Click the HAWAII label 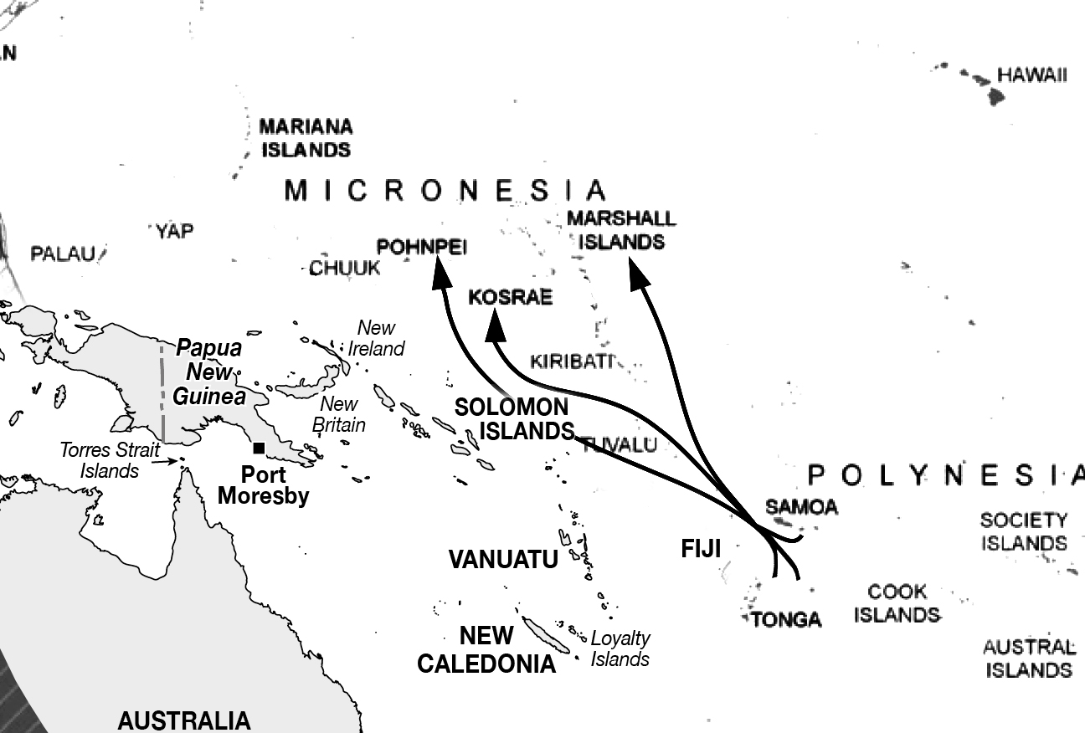(1031, 75)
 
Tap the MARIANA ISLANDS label (306, 139)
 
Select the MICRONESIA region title (445, 191)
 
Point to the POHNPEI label (422, 247)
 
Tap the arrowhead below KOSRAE (497, 325)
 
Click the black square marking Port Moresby (260, 449)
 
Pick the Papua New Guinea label (208, 372)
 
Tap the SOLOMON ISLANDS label (512, 419)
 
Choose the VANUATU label (503, 560)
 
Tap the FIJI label (700, 548)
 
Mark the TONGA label (786, 619)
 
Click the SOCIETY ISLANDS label (1024, 532)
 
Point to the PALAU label (64, 254)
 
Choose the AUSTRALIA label (183, 720)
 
